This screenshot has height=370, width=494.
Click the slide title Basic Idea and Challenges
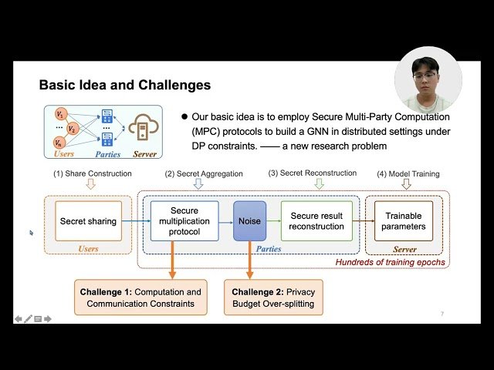point(124,85)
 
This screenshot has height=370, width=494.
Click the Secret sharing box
point(88,221)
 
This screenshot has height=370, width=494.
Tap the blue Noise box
point(249,221)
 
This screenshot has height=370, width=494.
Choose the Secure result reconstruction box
point(316,221)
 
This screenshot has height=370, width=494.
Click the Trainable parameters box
point(404,221)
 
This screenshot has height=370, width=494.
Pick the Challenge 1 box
point(140,298)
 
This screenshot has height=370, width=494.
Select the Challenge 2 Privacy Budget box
point(274,298)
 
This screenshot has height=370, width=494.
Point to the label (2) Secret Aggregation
point(198,173)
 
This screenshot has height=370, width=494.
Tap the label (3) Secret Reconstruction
point(313,173)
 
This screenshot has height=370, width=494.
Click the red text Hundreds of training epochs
point(391,263)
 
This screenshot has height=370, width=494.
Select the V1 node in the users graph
point(60,114)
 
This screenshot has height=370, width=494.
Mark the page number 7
point(442,314)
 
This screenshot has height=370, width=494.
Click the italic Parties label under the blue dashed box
point(268,249)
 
